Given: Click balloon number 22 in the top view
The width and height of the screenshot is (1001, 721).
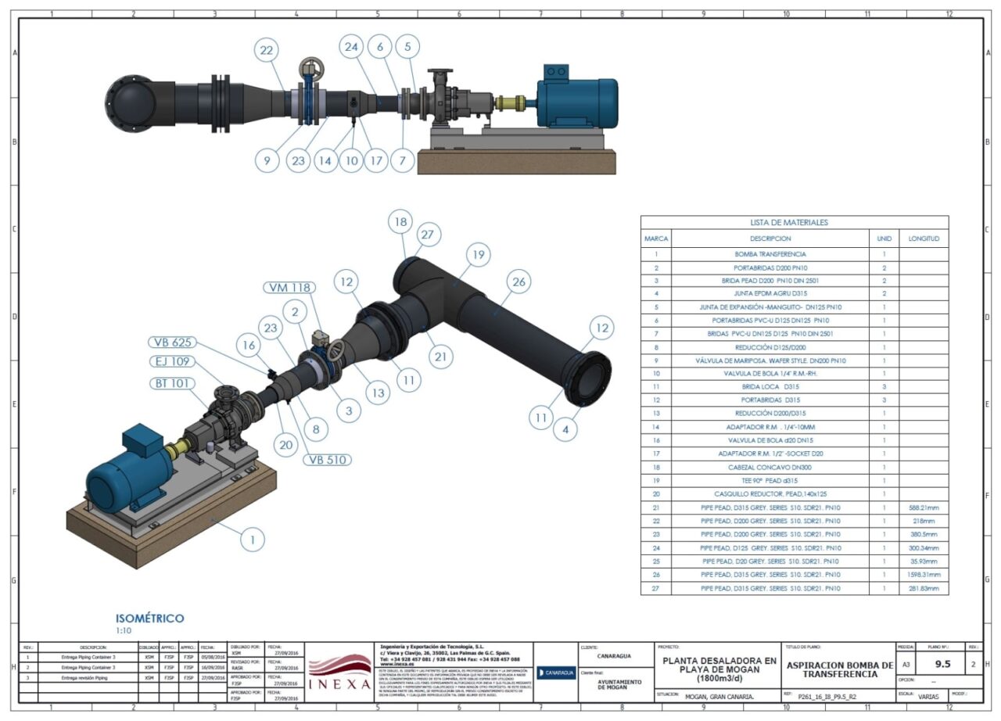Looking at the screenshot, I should (267, 51).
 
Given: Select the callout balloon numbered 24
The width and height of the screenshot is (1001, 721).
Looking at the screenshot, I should (352, 47).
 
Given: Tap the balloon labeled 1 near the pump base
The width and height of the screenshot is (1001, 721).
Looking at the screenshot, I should (252, 539).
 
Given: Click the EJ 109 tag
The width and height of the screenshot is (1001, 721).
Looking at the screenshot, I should (171, 362).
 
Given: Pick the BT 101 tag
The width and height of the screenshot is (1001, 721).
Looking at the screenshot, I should (171, 383).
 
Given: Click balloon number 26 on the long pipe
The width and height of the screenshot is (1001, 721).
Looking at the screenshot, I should (517, 282).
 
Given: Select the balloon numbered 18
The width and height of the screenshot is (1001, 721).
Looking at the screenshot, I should (400, 222).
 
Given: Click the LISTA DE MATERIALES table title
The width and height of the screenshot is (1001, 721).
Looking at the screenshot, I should (794, 223).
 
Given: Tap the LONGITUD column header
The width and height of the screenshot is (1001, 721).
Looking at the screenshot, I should (924, 239).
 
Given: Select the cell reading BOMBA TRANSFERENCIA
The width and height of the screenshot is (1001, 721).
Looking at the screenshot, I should (770, 254).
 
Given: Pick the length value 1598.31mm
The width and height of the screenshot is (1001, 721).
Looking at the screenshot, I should (924, 574).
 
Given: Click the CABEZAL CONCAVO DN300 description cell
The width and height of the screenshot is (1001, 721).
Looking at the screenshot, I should (770, 466).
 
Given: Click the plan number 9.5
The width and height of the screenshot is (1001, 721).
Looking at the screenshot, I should (942, 664).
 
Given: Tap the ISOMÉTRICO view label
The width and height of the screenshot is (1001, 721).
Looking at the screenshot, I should (150, 619).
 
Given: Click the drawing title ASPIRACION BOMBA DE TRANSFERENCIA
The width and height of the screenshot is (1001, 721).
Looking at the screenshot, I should (838, 669).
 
